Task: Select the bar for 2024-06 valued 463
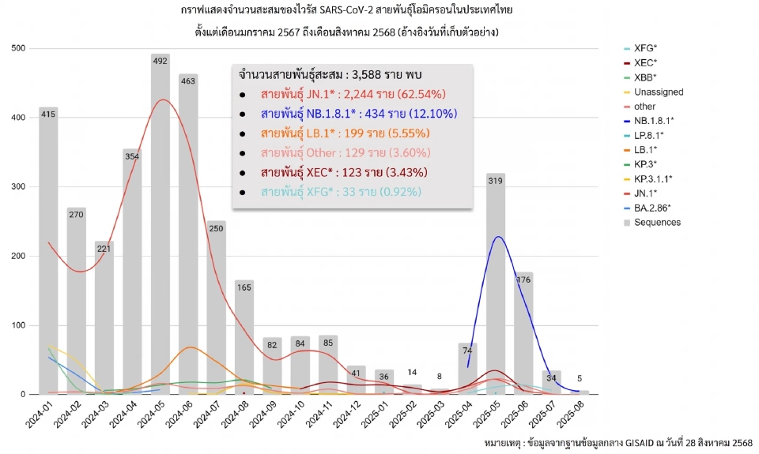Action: coord(188,237)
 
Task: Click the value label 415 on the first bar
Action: coord(48,114)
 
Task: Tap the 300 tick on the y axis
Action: coord(18,187)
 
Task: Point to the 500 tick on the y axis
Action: coord(18,49)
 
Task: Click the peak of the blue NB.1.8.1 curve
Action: coord(497,237)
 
